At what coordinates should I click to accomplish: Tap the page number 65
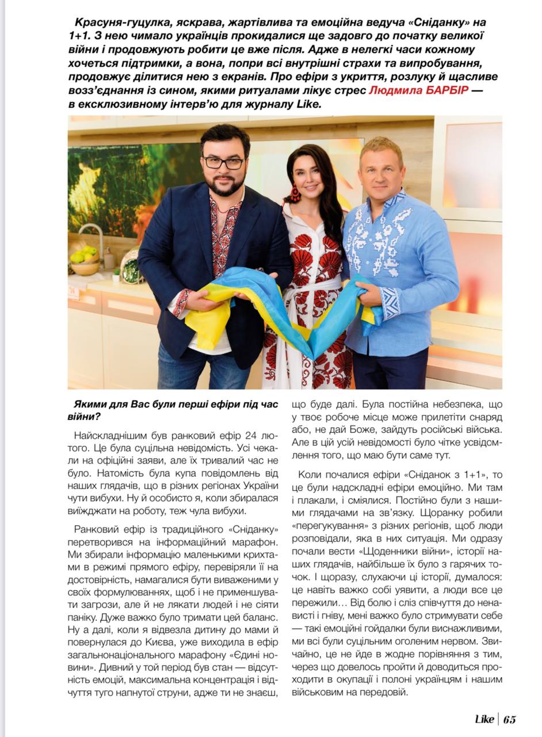tap(509, 719)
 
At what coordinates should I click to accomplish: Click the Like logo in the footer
tap(484, 719)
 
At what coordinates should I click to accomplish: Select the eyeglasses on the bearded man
tap(223, 163)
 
